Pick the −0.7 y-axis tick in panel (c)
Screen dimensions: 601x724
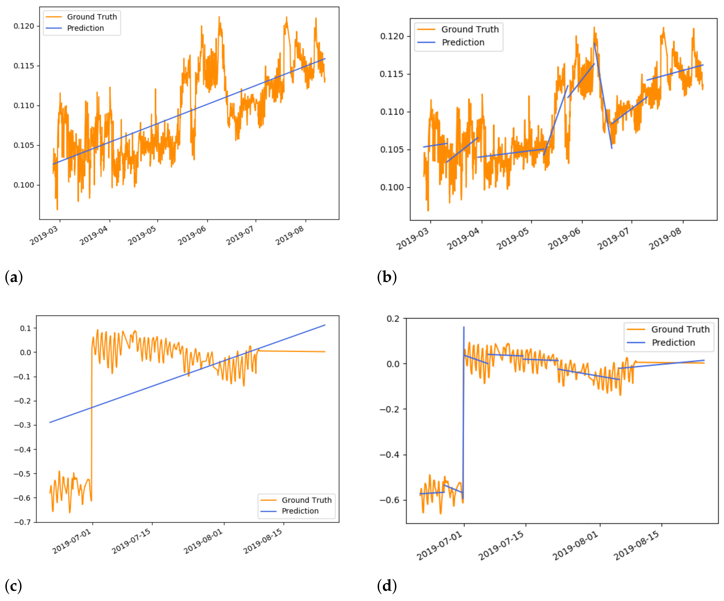tap(23, 522)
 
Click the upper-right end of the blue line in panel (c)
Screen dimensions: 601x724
tap(325, 325)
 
